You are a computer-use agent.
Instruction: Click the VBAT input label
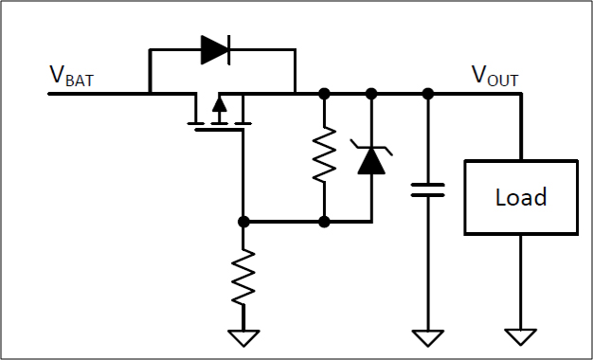(71, 77)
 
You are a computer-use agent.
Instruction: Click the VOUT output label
(494, 77)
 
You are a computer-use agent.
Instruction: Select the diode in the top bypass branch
(215, 49)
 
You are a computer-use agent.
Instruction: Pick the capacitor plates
(428, 189)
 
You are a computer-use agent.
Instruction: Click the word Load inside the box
(521, 197)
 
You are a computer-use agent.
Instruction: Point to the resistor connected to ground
(243, 277)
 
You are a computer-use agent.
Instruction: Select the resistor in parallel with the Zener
(324, 154)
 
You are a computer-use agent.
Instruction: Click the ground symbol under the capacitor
(428, 337)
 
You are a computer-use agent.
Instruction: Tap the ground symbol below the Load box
(521, 337)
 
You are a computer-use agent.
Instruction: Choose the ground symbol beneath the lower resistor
(243, 338)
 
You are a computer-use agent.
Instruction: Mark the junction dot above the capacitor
(428, 93)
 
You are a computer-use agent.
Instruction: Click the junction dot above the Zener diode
(371, 93)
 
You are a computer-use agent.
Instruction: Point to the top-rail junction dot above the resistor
(324, 93)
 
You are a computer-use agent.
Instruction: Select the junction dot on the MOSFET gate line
(243, 222)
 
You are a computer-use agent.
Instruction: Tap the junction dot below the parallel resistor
(324, 222)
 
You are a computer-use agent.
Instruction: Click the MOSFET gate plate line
(219, 130)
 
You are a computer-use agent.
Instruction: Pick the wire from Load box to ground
(521, 282)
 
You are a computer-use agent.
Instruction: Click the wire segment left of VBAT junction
(99, 94)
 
